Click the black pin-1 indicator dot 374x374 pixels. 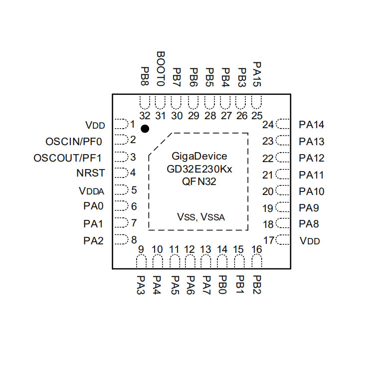tap(145, 129)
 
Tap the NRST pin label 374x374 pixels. tap(91, 174)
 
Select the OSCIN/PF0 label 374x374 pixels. tap(74, 141)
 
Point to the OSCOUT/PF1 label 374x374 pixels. tap(68, 158)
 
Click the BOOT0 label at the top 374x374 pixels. tap(160, 69)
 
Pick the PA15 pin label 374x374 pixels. tap(257, 74)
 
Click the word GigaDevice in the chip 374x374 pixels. tap(199, 156)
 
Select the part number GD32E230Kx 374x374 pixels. tap(199, 169)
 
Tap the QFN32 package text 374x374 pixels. tap(199, 182)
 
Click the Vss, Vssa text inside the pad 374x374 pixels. tap(201, 217)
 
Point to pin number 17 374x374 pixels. tap(269, 240)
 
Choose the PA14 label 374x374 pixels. tap(312, 125)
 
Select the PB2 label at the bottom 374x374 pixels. tap(257, 284)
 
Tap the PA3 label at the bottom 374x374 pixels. tap(141, 286)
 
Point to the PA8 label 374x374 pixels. tap(309, 224)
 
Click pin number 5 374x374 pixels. tap(134, 190)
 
